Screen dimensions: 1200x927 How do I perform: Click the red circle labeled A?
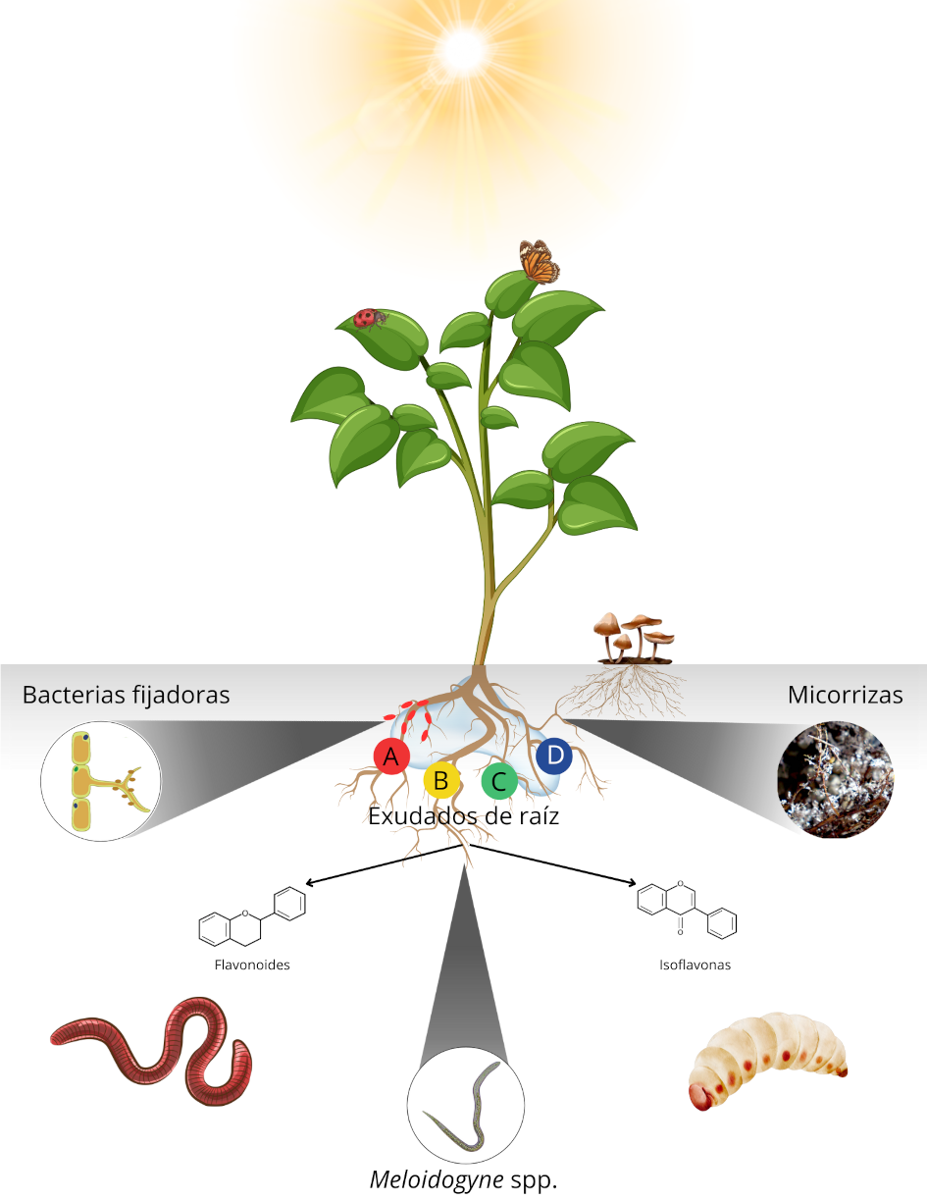[x=391, y=757]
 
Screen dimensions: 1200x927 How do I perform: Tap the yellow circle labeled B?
[x=441, y=780]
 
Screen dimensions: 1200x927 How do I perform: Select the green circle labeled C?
[x=499, y=781]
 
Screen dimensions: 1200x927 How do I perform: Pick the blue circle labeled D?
[x=554, y=756]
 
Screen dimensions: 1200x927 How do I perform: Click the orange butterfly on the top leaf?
[x=540, y=261]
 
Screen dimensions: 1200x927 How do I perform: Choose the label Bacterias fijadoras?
[x=126, y=696]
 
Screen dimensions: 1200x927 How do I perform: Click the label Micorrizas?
[x=846, y=696]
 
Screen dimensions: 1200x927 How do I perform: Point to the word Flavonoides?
[x=252, y=965]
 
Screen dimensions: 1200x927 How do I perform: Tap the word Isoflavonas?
[x=695, y=965]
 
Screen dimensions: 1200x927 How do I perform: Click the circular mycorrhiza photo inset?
[x=835, y=780]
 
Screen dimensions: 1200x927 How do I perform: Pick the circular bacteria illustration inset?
[x=101, y=781]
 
